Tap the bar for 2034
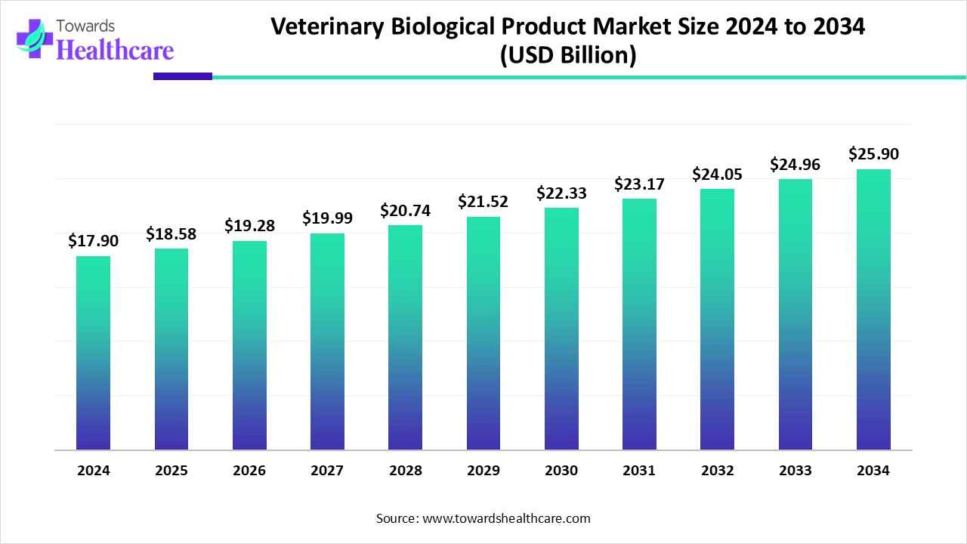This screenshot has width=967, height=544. (x=873, y=309)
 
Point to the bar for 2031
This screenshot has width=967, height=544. (x=639, y=324)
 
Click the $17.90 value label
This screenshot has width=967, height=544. (x=93, y=241)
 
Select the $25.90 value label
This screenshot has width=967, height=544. (x=873, y=154)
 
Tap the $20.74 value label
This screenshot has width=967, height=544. (x=405, y=211)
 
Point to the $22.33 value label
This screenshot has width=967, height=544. (x=561, y=193)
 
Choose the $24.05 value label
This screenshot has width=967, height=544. (x=717, y=175)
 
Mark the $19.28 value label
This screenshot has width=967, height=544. (x=249, y=225)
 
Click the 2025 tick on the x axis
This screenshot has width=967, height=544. (x=171, y=471)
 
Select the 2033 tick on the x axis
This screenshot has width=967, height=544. (x=795, y=471)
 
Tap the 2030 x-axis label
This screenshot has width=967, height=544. (x=561, y=471)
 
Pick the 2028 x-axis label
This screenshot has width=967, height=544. (x=405, y=471)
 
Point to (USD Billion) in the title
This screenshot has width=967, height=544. (x=567, y=56)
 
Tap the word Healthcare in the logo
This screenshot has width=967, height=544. (x=115, y=50)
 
